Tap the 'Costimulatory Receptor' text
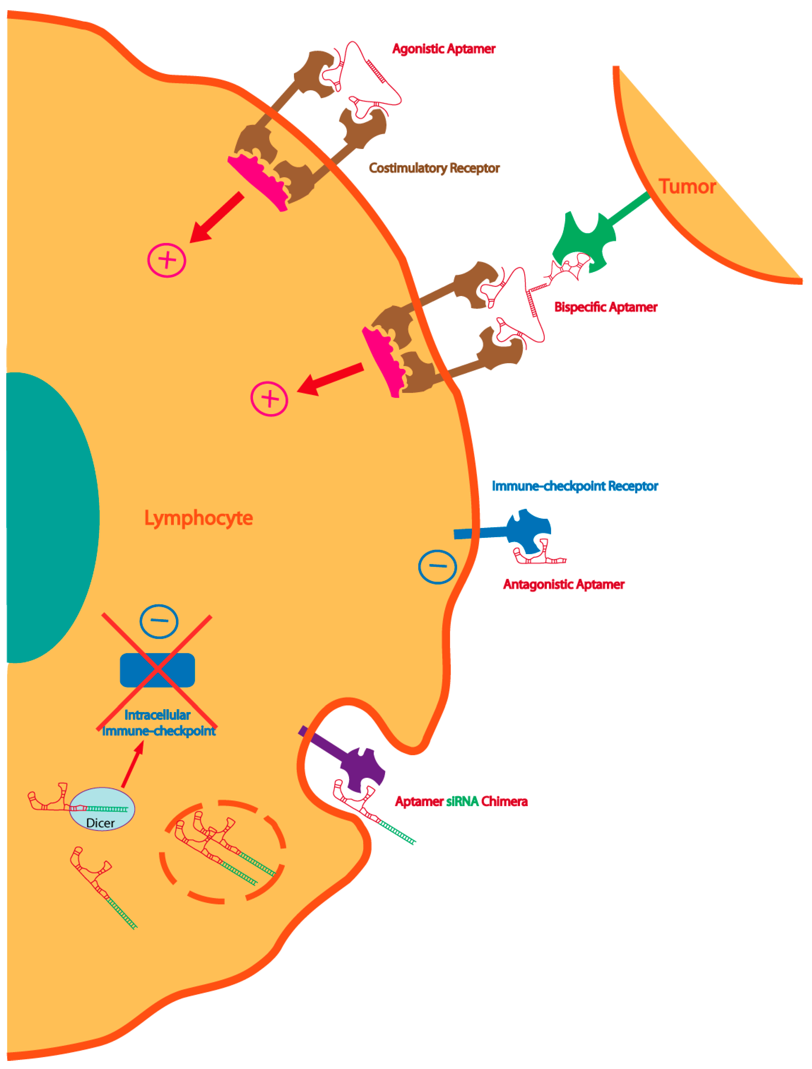pyautogui.click(x=433, y=168)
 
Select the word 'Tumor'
pyautogui.click(x=687, y=187)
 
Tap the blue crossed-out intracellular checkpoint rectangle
pyautogui.click(x=157, y=670)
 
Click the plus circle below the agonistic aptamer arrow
pyautogui.click(x=167, y=260)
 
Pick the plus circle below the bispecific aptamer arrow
pyautogui.click(x=269, y=399)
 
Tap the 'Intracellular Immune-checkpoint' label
pyautogui.click(x=158, y=723)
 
